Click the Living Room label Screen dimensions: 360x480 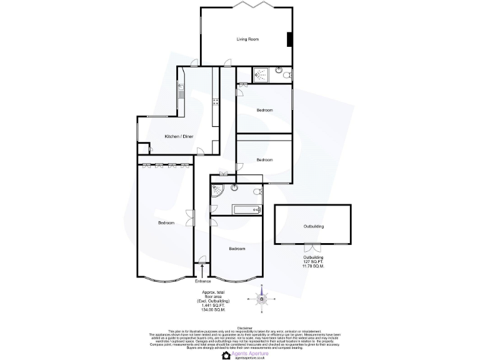tap(247, 39)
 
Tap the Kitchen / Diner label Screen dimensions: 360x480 tap(179, 136)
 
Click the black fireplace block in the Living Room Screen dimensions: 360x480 tap(289, 39)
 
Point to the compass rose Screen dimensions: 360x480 tap(262, 299)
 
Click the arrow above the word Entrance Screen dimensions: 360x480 tap(202, 269)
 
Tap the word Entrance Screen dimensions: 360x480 tap(203, 281)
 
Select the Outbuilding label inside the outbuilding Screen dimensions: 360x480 tap(314, 226)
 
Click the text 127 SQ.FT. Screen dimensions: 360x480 tap(313, 262)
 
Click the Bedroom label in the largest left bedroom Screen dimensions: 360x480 tap(166, 223)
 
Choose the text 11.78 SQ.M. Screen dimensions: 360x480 tap(313, 266)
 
